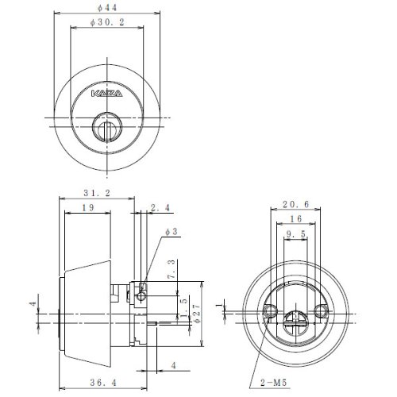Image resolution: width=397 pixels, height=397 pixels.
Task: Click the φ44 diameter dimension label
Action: (107, 8)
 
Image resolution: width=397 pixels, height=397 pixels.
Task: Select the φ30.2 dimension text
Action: (107, 22)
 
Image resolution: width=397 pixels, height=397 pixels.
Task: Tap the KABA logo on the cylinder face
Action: (107, 94)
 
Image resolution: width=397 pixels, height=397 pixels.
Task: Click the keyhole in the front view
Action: (106, 127)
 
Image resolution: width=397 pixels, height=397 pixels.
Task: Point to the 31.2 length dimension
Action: (97, 193)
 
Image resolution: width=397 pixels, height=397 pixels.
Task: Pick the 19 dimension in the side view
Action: (88, 207)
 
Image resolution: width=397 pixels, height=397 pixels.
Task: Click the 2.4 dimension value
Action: (160, 208)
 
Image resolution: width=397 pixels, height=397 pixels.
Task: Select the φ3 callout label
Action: (171, 232)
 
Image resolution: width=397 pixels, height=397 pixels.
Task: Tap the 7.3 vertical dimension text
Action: (172, 269)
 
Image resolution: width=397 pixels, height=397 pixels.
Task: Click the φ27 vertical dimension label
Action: (198, 313)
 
